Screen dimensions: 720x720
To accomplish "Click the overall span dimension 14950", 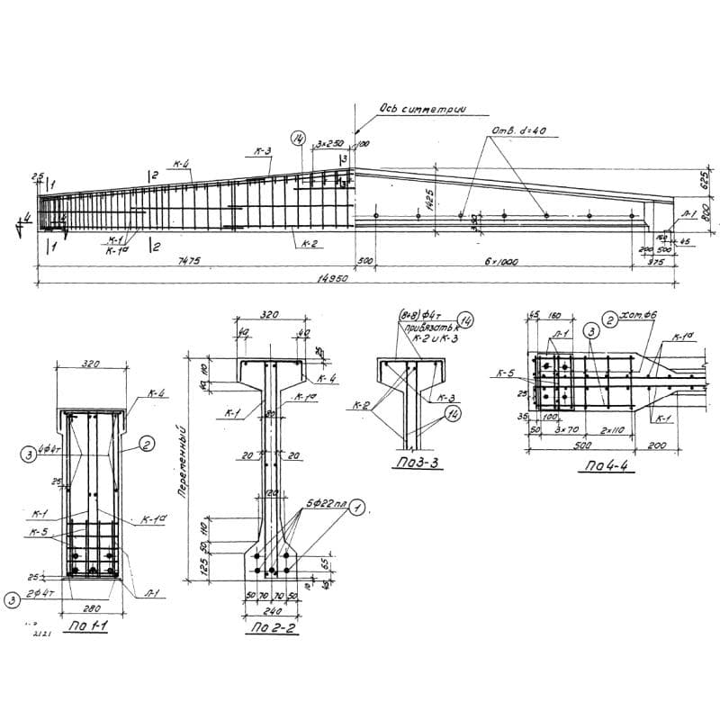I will pos(335,279).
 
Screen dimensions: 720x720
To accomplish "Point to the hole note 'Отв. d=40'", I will pos(519,131).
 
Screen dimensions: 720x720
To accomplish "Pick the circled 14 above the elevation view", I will pos(298,138).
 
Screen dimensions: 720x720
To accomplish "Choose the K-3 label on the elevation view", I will pos(262,151).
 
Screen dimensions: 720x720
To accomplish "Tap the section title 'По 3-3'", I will pos(415,465).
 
